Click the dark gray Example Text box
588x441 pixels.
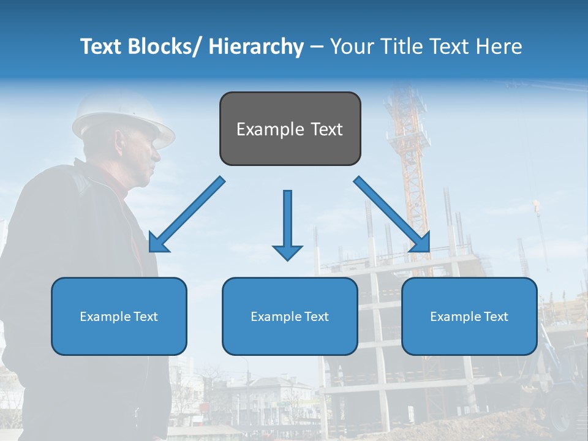coord(290,129)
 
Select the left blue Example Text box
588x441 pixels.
coord(119,316)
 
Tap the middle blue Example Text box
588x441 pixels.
coord(290,316)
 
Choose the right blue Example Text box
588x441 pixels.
coord(469,316)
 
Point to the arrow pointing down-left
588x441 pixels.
coord(187,214)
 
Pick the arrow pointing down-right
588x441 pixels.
coord(392,214)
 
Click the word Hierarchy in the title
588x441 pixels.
coord(256,47)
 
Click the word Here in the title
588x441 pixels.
coord(499,47)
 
